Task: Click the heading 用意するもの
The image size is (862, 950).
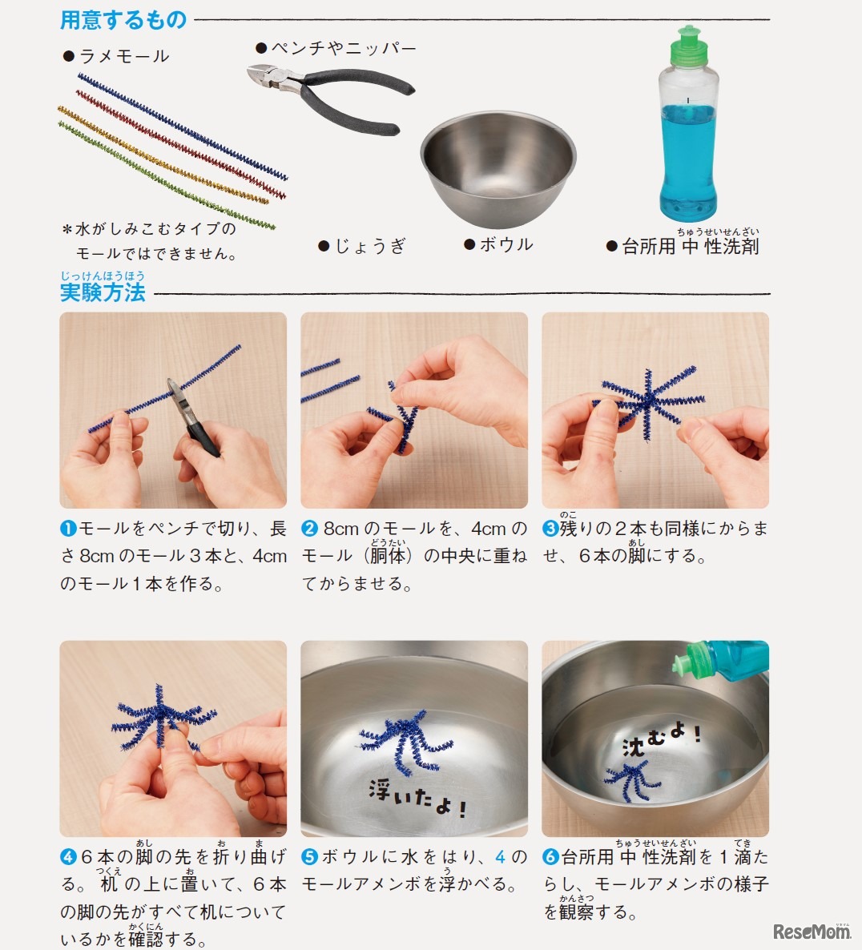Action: click(x=123, y=20)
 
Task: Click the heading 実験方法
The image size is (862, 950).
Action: click(x=103, y=292)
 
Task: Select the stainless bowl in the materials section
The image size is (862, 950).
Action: click(x=498, y=168)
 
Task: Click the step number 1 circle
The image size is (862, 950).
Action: click(x=68, y=529)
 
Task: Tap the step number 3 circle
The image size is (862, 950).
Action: click(x=550, y=529)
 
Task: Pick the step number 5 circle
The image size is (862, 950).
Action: click(x=309, y=857)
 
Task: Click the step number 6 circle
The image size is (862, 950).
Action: click(x=550, y=857)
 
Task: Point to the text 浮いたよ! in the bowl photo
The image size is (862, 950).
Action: click(x=418, y=799)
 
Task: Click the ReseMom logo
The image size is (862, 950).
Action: click(x=812, y=932)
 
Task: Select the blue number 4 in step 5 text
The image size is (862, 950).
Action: click(x=501, y=857)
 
